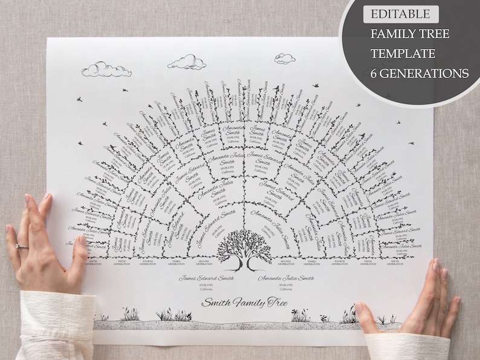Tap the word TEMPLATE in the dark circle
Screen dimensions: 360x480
click(x=403, y=53)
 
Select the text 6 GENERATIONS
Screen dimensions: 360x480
click(x=419, y=73)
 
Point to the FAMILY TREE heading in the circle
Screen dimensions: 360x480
click(x=410, y=34)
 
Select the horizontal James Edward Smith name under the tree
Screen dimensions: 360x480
click(x=206, y=278)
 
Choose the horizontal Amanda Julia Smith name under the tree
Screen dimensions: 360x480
click(x=286, y=278)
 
